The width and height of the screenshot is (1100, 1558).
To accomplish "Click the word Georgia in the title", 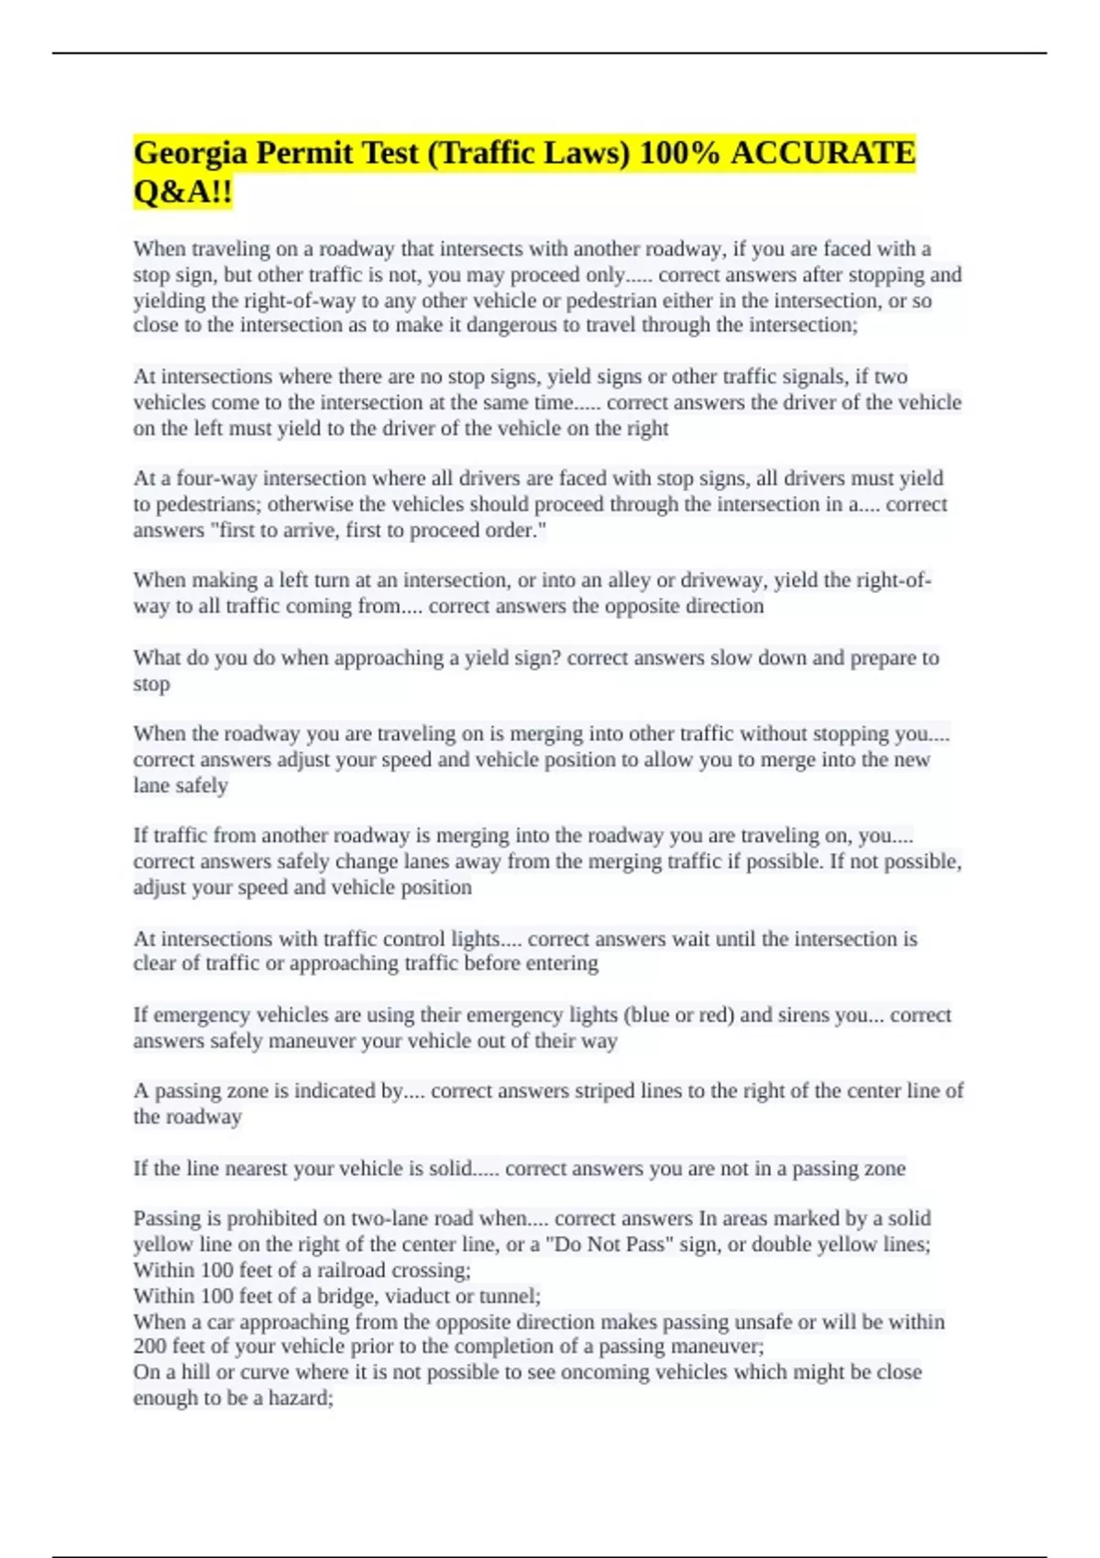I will tap(191, 153).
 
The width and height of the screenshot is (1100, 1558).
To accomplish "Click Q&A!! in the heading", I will tap(182, 192).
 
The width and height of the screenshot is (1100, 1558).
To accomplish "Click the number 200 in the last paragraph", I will tap(148, 1346).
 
